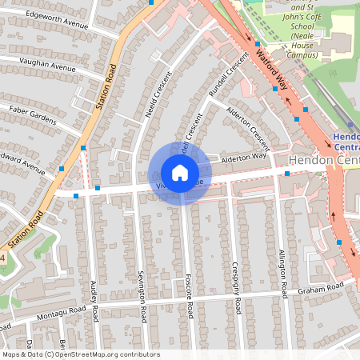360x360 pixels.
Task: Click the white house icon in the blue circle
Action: point(180,173)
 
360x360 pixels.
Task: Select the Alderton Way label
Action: point(243,158)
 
